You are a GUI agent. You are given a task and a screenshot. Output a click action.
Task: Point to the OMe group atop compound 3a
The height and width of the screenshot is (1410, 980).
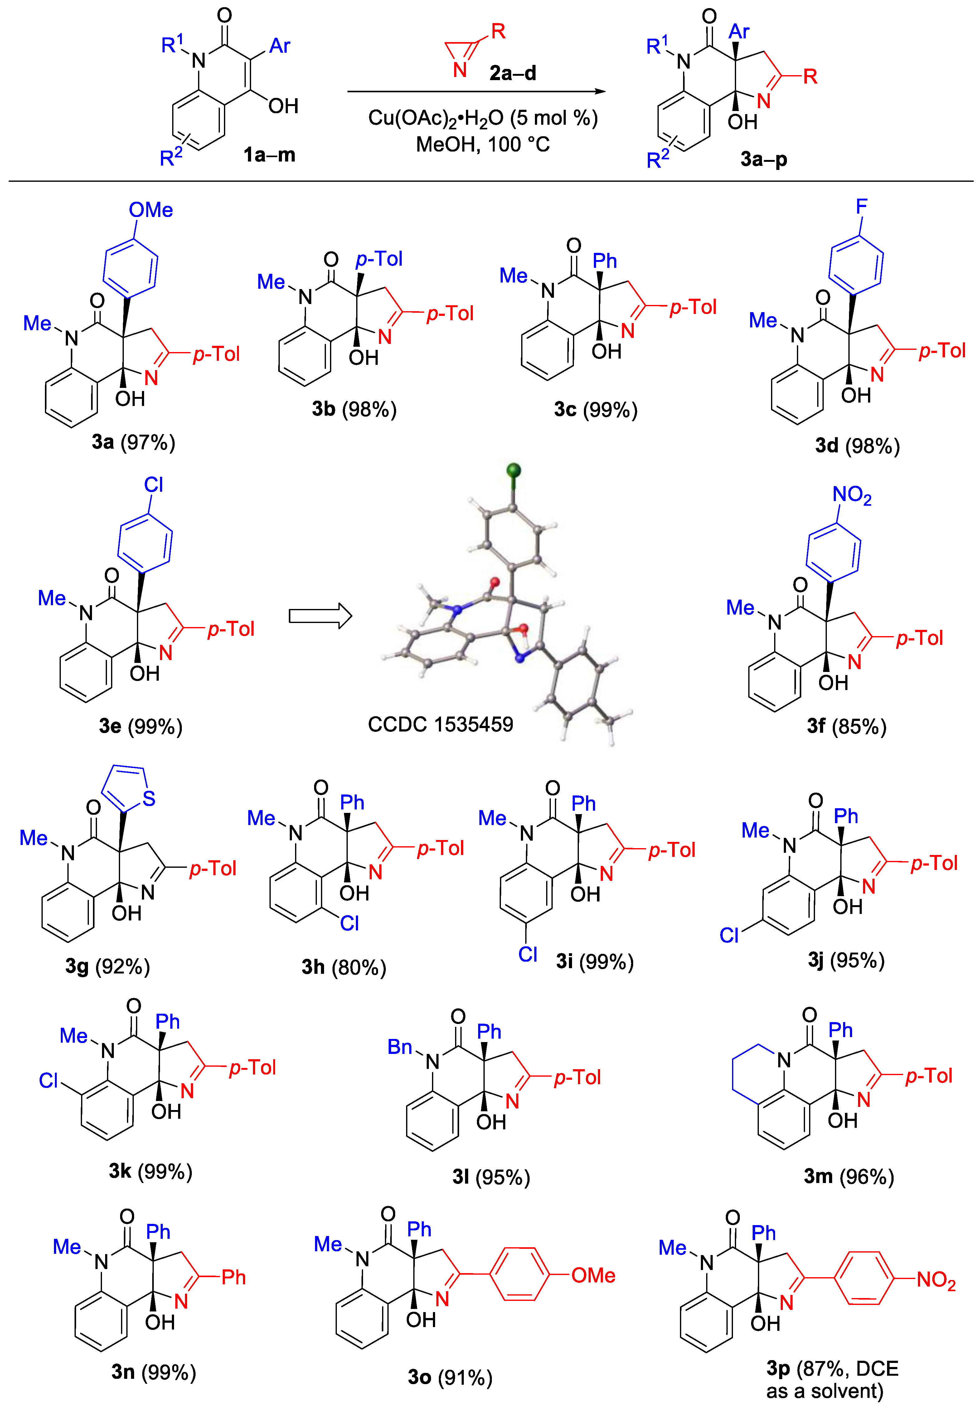pos(151,210)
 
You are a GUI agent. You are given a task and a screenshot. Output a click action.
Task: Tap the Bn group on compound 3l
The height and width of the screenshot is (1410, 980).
pos(400,1047)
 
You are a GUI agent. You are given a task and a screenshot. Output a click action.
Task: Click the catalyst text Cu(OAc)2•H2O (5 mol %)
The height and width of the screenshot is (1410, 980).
pos(483,118)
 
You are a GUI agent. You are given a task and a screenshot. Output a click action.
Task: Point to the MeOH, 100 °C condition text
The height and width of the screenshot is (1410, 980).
pos(483,145)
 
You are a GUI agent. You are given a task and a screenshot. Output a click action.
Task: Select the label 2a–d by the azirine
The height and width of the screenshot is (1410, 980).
pos(513,73)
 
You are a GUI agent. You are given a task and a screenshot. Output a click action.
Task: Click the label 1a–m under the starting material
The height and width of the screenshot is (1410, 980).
pos(269,155)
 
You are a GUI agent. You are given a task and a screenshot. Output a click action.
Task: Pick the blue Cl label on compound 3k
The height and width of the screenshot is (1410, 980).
pos(49,1080)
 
